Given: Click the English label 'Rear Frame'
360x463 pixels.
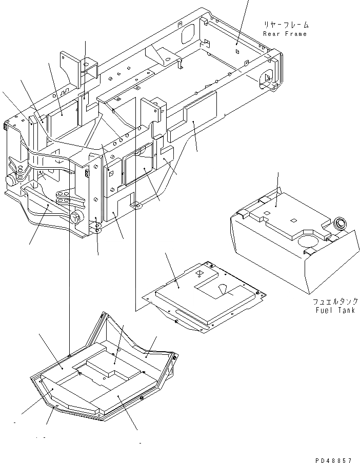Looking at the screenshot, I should [285, 34].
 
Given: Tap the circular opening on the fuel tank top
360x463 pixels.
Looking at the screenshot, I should [307, 240].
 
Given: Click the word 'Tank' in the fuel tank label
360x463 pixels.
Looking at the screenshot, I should [347, 311].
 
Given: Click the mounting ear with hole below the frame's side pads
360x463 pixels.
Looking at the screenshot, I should [136, 206].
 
